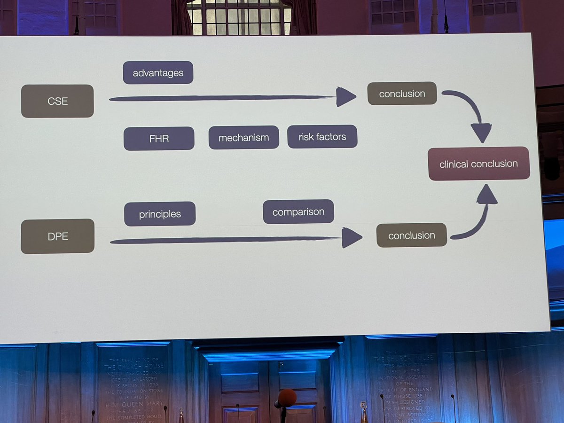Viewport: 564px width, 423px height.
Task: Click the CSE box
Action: (57, 101)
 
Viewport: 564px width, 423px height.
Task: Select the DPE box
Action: (58, 236)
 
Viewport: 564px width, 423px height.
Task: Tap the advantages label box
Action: (158, 73)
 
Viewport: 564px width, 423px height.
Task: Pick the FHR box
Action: (159, 139)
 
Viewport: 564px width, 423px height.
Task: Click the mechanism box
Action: (243, 138)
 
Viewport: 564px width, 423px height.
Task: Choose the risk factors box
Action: (322, 137)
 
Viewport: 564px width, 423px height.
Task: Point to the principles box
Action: (160, 214)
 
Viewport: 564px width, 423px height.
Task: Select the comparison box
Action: (298, 211)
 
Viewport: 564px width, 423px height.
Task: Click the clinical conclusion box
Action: (478, 164)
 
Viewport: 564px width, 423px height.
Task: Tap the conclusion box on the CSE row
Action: (402, 94)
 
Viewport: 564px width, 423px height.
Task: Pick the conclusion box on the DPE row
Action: (411, 235)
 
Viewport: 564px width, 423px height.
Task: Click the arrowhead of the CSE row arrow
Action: (345, 97)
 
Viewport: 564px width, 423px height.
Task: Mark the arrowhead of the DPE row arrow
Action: (351, 237)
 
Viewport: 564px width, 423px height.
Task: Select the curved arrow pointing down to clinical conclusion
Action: (470, 110)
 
